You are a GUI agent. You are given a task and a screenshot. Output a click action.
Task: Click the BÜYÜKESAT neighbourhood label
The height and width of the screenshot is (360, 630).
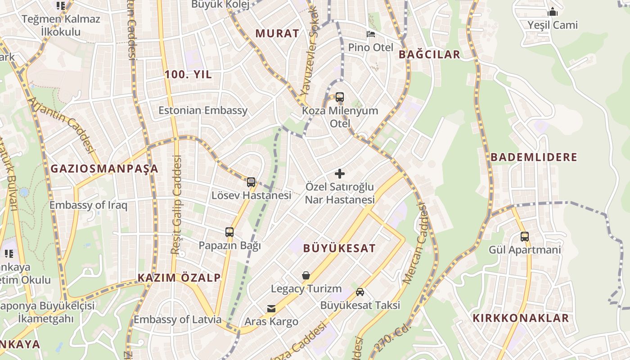[x=339, y=248]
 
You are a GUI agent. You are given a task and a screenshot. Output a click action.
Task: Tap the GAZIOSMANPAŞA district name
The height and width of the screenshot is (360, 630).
[x=104, y=169]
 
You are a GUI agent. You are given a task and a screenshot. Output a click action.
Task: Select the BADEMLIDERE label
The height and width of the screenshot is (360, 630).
[x=534, y=157]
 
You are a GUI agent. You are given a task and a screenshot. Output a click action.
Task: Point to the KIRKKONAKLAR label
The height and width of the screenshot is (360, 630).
[x=521, y=318]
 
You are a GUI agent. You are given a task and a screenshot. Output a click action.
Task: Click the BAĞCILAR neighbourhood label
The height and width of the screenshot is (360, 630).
[x=429, y=55]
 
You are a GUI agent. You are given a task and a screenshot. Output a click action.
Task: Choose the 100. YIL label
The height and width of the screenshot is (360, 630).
[x=188, y=75]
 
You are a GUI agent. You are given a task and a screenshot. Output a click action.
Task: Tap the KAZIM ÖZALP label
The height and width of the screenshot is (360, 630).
[x=179, y=278]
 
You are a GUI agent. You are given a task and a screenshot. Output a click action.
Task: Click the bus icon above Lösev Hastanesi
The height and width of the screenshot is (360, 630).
[x=251, y=182]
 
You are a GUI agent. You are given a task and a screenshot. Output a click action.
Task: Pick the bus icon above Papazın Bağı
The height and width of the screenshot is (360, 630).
[x=229, y=232]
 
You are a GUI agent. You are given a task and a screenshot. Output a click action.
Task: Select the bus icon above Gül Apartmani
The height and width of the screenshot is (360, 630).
[x=525, y=236]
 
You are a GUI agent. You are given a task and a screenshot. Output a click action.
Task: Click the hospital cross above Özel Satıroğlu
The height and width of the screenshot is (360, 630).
[x=340, y=174]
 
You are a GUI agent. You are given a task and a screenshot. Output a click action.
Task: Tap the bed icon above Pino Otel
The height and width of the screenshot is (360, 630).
[x=371, y=34]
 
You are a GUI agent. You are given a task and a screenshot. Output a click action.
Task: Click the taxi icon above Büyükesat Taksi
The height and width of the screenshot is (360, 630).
[x=360, y=292]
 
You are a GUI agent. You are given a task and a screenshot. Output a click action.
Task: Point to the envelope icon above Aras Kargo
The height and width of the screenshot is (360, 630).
[x=271, y=309]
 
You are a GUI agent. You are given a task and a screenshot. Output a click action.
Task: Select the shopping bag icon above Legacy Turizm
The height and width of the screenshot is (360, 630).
[x=306, y=275]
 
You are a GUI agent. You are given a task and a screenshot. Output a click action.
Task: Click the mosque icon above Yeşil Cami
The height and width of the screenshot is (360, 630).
[x=553, y=12]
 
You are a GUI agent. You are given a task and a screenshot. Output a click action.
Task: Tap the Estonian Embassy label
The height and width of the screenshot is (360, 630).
[x=203, y=111]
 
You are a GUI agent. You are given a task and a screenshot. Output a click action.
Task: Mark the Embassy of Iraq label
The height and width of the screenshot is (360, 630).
[x=88, y=206]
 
